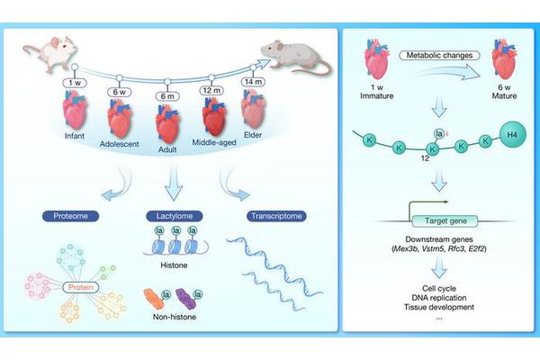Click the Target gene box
[437, 220]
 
